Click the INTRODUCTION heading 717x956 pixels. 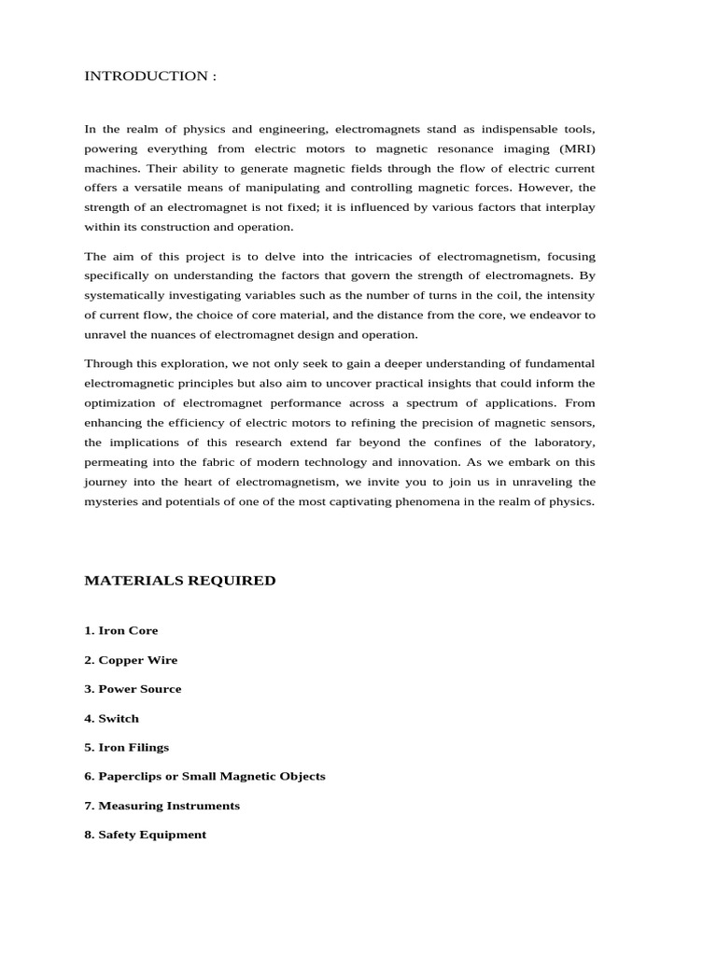pos(150,76)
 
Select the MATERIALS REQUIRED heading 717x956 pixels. pos(180,581)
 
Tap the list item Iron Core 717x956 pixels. pos(121,630)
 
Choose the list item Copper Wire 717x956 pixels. pos(131,660)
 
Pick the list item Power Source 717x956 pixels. pos(133,689)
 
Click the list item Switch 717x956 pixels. pos(111,719)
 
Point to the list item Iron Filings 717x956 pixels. pos(126,748)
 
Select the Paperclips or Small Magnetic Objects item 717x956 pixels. pos(204,777)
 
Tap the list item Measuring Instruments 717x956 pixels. pos(162,806)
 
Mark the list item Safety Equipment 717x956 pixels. pos(145,835)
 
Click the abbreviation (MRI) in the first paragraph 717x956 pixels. pos(577,148)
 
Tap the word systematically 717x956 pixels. pos(126,295)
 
